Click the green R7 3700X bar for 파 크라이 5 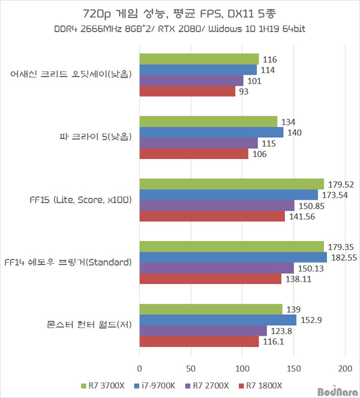coord(208,122)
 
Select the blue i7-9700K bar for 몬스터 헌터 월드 coord(218,320)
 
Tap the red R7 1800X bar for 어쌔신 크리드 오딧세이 coord(187,92)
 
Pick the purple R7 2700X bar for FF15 coord(217,206)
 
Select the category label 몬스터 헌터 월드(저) coord(89,325)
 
